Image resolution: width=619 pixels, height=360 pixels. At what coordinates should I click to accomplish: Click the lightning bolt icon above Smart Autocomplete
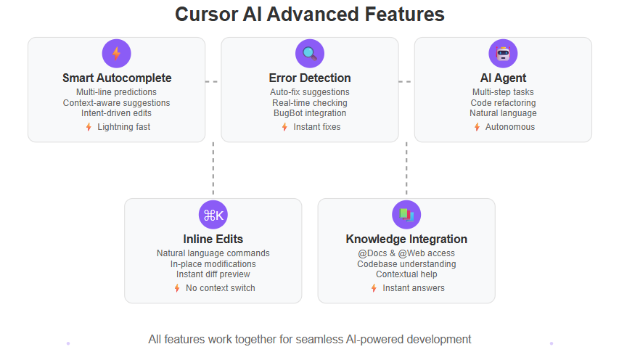point(116,54)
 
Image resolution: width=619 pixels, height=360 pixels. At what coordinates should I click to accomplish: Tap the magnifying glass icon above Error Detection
point(310,54)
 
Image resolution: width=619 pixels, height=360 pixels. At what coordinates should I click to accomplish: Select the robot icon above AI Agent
point(504,54)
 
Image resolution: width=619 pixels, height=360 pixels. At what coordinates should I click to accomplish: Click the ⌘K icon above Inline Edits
point(213,215)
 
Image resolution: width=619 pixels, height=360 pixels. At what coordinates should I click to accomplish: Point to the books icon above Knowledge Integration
point(406,215)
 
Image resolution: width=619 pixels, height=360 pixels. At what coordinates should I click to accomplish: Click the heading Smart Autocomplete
point(117,78)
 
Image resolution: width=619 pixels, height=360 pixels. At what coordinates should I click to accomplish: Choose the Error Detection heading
point(310,78)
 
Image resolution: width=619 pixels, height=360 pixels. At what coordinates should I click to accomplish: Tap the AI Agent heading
point(504,78)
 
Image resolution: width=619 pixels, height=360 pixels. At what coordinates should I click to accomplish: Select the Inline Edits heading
point(213,240)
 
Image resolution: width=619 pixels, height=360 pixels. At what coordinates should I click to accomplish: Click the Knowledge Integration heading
point(406,240)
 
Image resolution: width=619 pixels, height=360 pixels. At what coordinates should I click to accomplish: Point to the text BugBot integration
point(310,113)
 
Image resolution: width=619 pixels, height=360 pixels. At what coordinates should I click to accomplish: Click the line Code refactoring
point(504,103)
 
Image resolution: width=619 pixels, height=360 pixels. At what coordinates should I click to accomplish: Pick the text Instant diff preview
point(213,274)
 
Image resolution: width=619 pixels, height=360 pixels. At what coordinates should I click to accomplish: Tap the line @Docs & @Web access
point(406,253)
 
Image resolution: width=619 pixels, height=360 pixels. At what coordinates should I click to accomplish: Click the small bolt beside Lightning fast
point(89,127)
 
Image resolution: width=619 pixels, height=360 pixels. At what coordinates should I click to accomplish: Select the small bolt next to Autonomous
point(477,127)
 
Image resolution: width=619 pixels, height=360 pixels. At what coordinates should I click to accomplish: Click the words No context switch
point(221,288)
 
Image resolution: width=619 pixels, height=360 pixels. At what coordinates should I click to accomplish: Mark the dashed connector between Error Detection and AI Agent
point(405,82)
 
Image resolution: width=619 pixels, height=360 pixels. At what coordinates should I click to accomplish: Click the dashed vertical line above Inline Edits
point(213,168)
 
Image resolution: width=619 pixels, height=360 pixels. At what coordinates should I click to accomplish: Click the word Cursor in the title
point(205,15)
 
